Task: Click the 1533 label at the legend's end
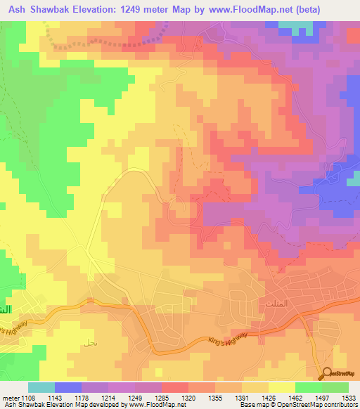348,398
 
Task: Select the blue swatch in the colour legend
68,387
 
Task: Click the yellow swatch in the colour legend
282,387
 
